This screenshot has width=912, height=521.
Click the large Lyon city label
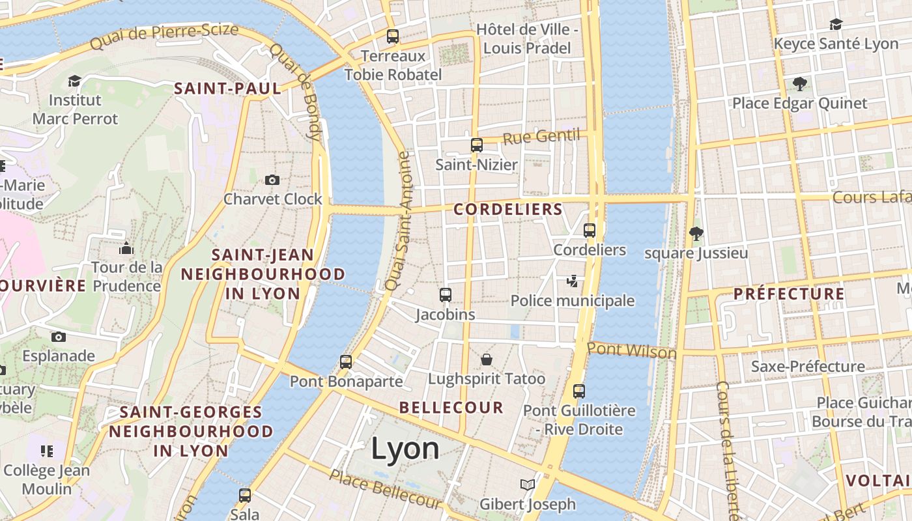click(405, 449)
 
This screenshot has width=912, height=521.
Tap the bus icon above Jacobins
click(446, 295)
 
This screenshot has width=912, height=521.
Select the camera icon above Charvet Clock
click(272, 180)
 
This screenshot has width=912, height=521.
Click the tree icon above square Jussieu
click(696, 233)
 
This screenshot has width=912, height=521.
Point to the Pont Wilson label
click(631, 351)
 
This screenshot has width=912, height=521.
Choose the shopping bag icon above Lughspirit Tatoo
click(487, 359)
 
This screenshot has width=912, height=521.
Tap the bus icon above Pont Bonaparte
click(346, 362)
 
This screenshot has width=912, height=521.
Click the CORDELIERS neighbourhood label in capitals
click(508, 209)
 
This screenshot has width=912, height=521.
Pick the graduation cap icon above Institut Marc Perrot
click(75, 81)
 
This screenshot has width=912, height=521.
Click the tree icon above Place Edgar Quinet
click(800, 83)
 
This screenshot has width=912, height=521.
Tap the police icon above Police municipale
click(572, 281)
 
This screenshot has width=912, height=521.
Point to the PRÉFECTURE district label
click(789, 294)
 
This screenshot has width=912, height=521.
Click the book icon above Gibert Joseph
click(528, 485)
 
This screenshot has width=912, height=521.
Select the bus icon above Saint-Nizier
click(477, 145)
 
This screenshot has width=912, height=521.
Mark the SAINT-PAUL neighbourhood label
click(227, 89)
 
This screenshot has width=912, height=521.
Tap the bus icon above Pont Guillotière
click(579, 391)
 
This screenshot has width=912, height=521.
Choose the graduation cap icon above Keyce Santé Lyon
click(836, 25)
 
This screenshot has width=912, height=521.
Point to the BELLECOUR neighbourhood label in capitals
click(451, 408)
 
